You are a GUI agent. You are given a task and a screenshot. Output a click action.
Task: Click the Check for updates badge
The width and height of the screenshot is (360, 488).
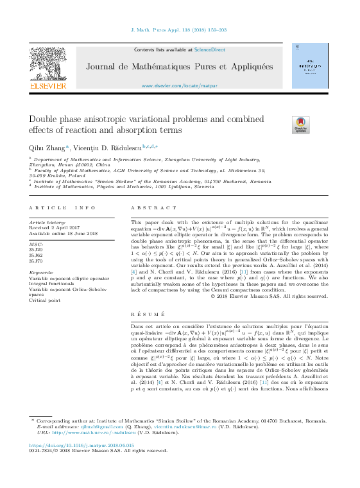pos(300,125)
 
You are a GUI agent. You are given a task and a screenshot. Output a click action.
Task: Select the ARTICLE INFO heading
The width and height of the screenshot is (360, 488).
pos(63,208)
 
